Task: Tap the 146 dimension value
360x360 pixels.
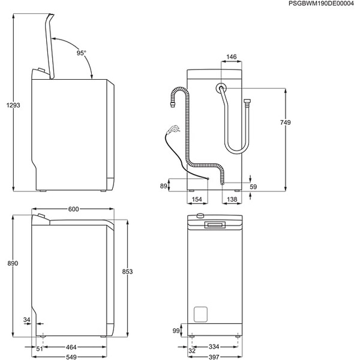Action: pos(232,58)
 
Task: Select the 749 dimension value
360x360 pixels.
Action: pos(285,123)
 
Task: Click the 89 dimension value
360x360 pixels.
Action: pos(163,187)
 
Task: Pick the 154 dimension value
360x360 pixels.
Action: pos(196,199)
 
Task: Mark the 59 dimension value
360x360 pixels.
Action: pos(253,187)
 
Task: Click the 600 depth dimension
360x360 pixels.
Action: pos(73,209)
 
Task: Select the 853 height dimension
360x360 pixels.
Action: pos(127,271)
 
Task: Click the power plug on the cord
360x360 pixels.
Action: pos(173,128)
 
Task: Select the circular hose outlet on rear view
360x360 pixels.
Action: pos(222,88)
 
